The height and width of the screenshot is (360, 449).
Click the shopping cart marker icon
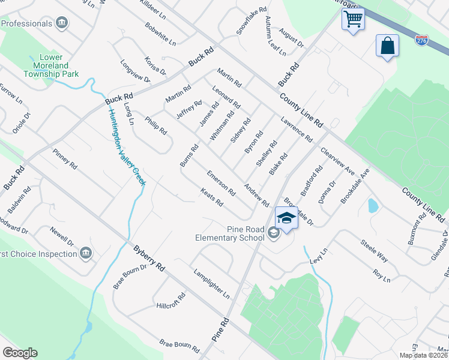pyautogui.click(x=353, y=19)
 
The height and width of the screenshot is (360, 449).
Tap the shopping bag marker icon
pyautogui.click(x=387, y=46)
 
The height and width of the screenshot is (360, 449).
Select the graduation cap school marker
pyautogui.click(x=286, y=217)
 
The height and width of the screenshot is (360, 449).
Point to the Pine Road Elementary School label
pyautogui.click(x=230, y=233)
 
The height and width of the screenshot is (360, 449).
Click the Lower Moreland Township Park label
pyautogui.click(x=54, y=65)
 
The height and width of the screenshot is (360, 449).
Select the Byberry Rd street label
pyautogui.click(x=149, y=259)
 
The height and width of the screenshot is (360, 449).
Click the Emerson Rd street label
pyautogui.click(x=221, y=183)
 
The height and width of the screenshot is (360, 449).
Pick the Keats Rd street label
pyautogui.click(x=212, y=199)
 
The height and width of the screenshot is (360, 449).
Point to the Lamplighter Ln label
pyautogui.click(x=211, y=283)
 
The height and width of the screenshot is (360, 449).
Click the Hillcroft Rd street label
pyautogui.click(x=171, y=305)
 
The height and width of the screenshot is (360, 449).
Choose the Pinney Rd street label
pyautogui.click(x=65, y=158)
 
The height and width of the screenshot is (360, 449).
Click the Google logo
pyautogui.click(x=20, y=353)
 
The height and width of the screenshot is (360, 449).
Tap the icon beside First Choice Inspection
pyautogui.click(x=86, y=253)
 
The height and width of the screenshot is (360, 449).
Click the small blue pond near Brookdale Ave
pyautogui.click(x=373, y=206)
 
